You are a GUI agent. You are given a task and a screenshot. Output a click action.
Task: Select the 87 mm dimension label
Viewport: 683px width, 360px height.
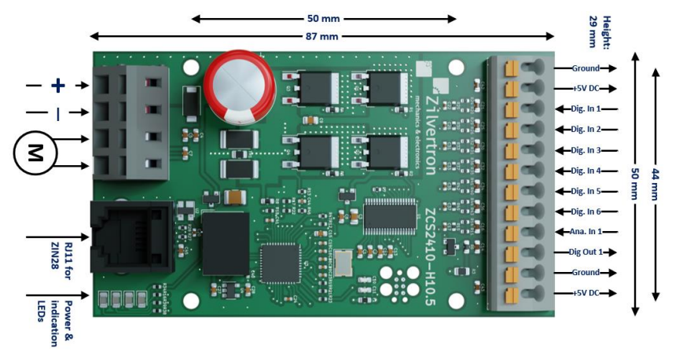pyautogui.click(x=323, y=36)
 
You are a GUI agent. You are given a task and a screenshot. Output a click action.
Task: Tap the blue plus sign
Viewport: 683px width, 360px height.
pyautogui.click(x=57, y=86)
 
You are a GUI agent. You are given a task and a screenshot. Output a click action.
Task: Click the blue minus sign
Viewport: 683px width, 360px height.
pyautogui.click(x=57, y=115)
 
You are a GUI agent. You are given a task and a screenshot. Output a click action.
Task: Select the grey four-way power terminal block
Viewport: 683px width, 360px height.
pyautogui.click(x=130, y=122)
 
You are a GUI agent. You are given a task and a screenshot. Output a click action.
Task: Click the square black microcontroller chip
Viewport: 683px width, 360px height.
pyautogui.click(x=281, y=263)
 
